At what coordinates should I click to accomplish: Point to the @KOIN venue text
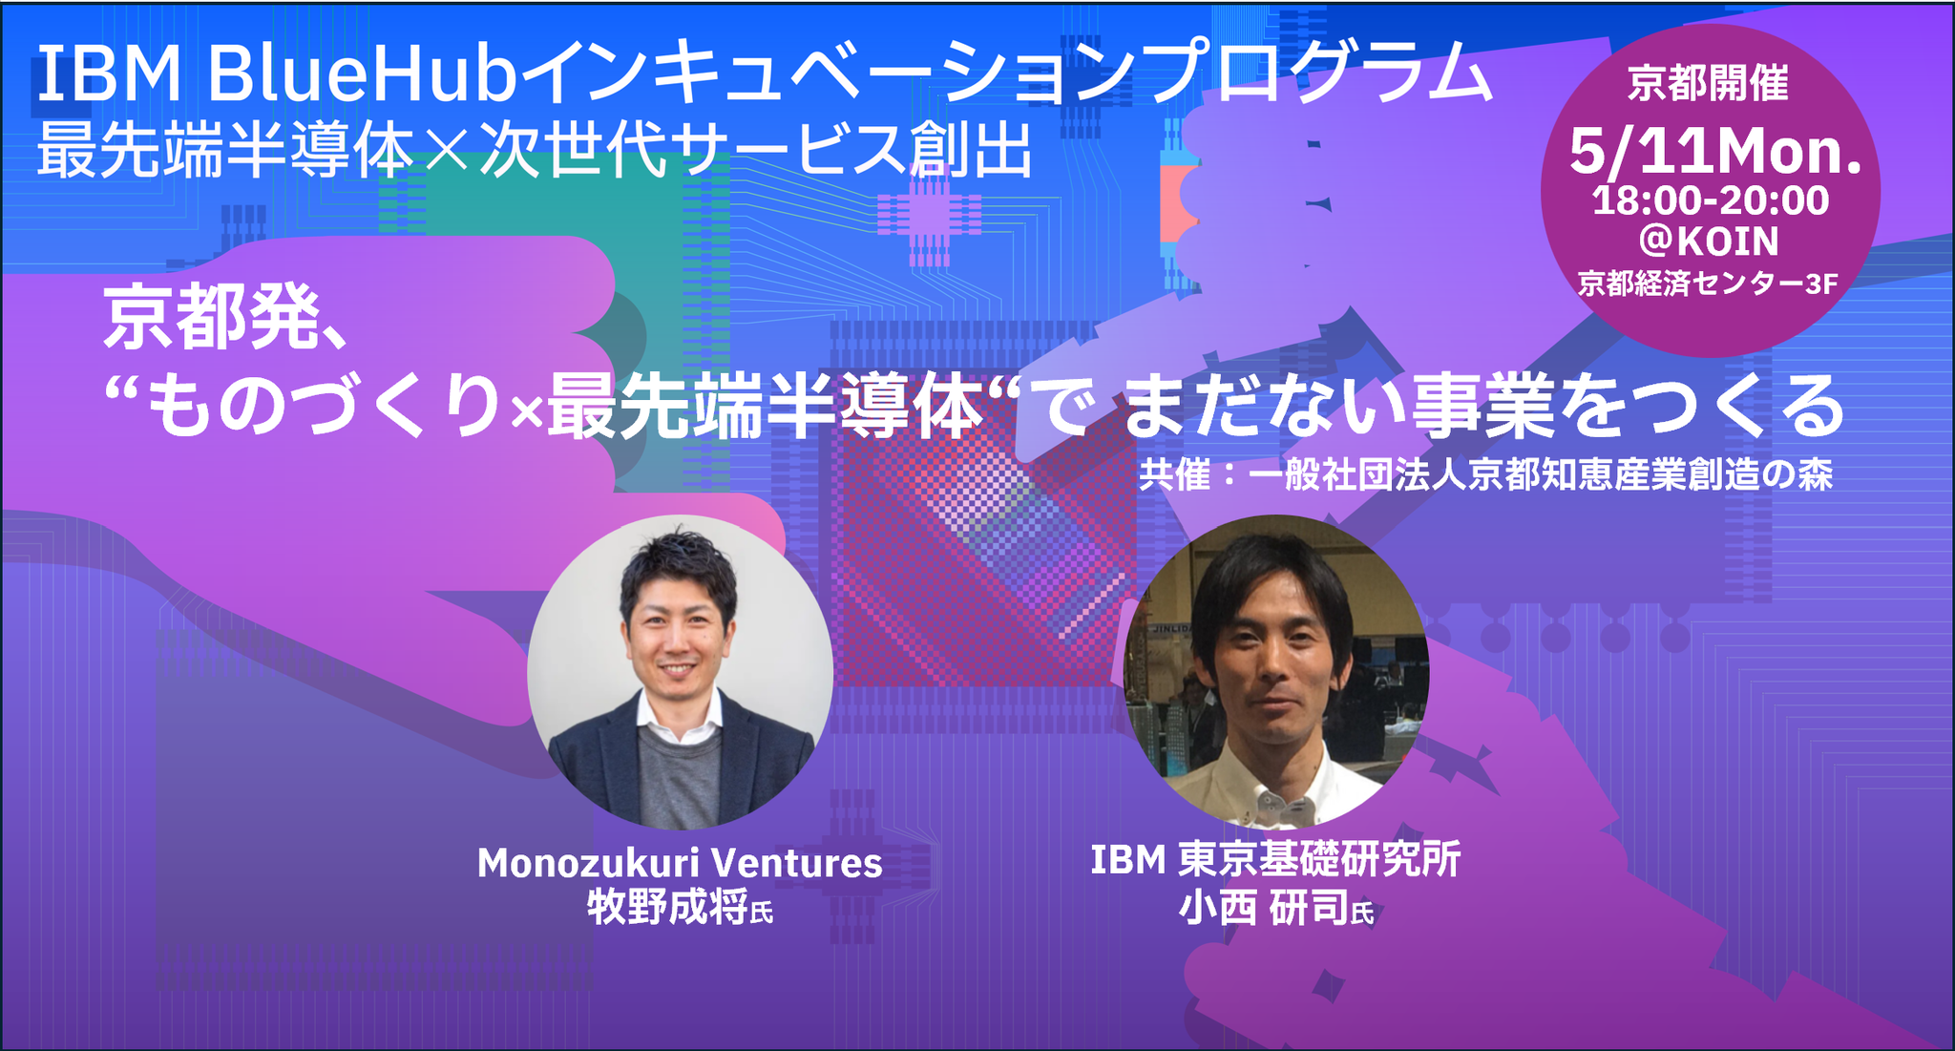click(1709, 241)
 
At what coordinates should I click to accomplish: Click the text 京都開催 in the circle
click(1708, 84)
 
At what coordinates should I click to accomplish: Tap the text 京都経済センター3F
click(1708, 284)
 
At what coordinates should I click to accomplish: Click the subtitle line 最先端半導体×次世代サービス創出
click(535, 151)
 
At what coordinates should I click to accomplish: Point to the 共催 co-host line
click(1485, 474)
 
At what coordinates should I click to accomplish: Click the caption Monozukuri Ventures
click(680, 863)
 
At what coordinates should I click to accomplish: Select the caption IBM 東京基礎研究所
click(1275, 859)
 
